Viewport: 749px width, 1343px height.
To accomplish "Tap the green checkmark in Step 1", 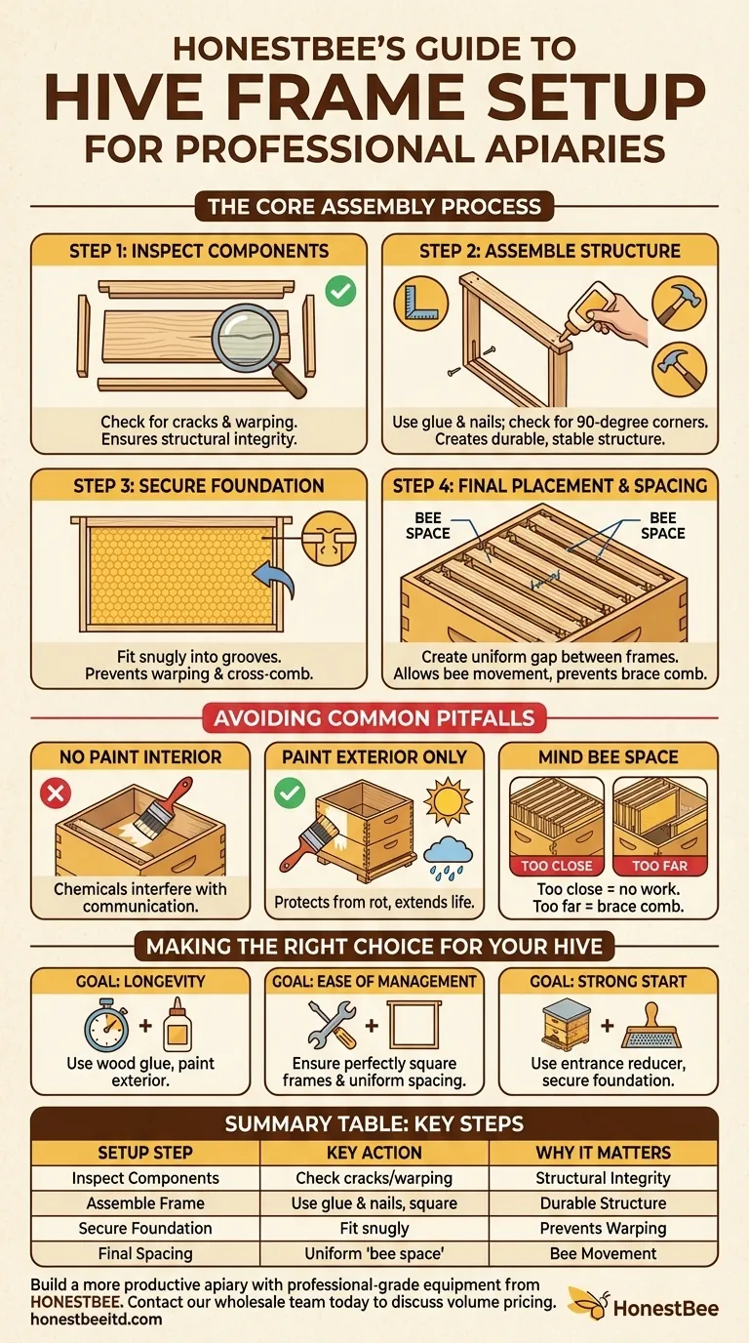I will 340,289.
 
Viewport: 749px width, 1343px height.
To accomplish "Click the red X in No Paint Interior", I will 56,794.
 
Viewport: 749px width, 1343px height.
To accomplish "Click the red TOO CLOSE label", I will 556,865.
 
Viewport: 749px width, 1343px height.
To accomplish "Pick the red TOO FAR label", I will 659,865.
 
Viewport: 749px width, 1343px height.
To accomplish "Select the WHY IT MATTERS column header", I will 603,1152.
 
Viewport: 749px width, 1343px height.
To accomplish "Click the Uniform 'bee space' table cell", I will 374,1253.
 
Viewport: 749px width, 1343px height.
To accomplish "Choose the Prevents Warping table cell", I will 603,1228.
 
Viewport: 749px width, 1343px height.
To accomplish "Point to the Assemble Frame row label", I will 145,1202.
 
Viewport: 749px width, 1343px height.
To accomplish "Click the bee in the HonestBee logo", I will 585,1301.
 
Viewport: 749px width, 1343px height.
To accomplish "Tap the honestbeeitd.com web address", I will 96,1319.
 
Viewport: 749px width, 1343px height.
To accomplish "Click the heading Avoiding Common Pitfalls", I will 374,719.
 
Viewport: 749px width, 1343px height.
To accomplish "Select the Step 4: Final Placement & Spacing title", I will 549,485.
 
